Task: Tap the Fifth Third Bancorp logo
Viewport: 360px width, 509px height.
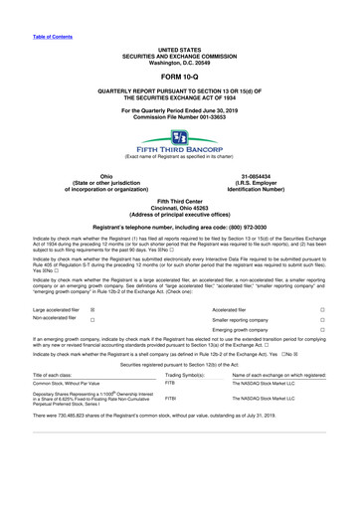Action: (x=180, y=136)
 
